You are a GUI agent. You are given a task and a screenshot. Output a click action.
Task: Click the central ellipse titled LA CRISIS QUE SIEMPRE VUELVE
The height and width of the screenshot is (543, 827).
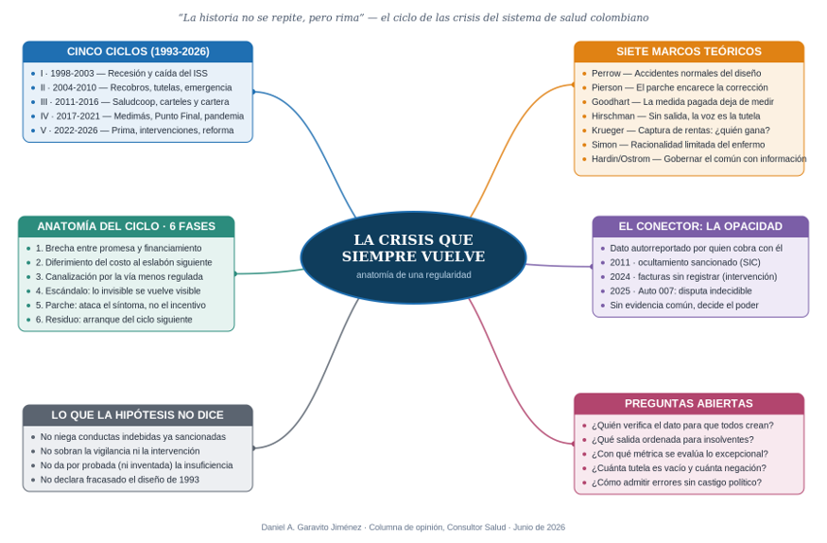click(413, 257)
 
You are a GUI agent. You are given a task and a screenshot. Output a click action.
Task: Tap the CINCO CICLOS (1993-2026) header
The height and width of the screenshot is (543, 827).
click(138, 52)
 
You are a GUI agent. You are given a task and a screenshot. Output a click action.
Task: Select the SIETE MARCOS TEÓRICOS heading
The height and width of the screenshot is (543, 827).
click(689, 52)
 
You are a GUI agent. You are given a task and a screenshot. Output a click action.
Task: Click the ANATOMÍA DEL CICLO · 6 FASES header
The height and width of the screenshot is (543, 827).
click(126, 226)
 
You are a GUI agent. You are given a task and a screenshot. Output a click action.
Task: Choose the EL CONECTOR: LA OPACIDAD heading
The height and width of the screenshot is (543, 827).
click(700, 226)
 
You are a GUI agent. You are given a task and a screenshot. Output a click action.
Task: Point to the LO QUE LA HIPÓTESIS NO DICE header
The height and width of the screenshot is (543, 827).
click(138, 415)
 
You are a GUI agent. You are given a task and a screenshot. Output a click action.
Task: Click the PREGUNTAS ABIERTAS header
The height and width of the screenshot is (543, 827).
click(689, 404)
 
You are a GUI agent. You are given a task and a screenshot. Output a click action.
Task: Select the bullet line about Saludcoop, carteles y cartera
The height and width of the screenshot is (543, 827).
click(134, 102)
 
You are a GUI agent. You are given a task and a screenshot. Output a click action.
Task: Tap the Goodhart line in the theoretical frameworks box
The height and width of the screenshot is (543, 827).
click(682, 102)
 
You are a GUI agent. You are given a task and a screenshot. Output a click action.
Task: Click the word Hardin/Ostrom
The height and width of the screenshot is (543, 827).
click(621, 159)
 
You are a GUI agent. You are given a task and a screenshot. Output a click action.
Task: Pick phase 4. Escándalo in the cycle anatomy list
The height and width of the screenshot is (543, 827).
click(118, 290)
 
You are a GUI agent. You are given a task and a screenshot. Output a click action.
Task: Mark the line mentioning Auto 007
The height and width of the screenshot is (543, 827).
click(681, 290)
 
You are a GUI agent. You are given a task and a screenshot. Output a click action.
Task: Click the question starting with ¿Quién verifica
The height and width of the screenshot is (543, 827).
click(682, 426)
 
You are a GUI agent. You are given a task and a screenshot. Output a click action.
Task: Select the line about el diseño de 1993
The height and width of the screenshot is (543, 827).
click(120, 480)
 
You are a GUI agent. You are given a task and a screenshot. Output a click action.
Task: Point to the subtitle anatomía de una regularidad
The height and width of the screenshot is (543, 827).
click(414, 275)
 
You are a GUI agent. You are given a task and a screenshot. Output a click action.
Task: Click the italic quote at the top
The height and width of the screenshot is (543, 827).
click(414, 17)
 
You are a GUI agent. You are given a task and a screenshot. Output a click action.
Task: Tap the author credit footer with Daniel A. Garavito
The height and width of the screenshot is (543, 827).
click(413, 527)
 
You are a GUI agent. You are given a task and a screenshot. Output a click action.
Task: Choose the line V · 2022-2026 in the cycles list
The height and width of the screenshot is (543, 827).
click(137, 131)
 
